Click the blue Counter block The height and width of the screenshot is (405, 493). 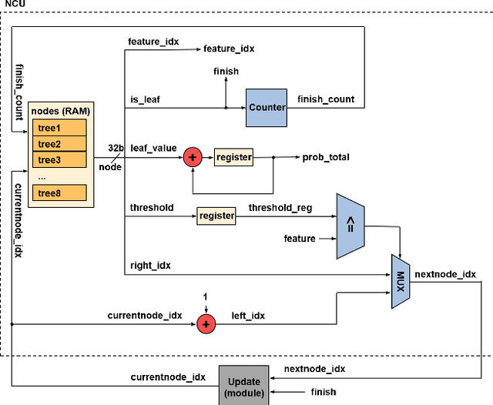267,108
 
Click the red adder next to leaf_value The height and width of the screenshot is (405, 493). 193,157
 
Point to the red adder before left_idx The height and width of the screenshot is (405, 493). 206,324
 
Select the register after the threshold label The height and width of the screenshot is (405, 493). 216,216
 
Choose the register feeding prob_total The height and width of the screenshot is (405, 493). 233,157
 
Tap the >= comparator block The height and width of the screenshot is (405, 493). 350,226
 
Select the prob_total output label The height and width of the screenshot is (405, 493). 326,157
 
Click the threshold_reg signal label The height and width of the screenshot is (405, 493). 280,208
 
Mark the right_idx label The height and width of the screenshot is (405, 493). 151,265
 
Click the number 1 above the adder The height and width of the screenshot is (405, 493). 206,296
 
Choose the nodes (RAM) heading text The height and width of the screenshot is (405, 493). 61,111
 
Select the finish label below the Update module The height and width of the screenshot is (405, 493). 324,392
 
